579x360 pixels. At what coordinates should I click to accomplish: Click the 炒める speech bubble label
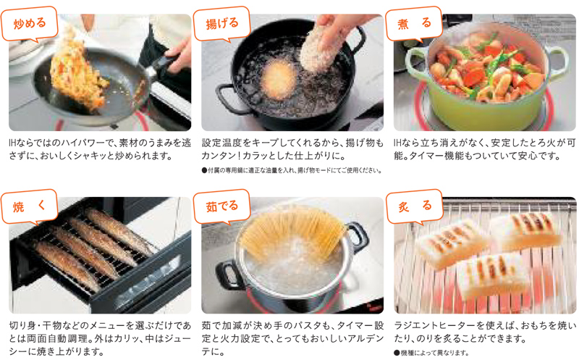pos(30,23)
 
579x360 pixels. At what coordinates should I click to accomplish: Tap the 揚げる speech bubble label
pos(222,23)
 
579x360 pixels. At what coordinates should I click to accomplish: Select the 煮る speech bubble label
pos(414,23)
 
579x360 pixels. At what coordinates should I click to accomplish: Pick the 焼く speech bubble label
pos(30,206)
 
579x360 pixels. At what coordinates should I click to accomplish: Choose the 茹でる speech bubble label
pos(222,206)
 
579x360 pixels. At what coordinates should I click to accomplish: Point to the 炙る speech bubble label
pos(414,206)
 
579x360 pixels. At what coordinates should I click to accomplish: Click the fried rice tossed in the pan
pos(77,74)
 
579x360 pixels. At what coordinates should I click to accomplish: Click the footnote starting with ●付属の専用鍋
pos(292,170)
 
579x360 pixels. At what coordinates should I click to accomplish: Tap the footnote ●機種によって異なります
pos(431,353)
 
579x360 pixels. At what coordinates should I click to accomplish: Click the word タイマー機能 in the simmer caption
pos(439,156)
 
